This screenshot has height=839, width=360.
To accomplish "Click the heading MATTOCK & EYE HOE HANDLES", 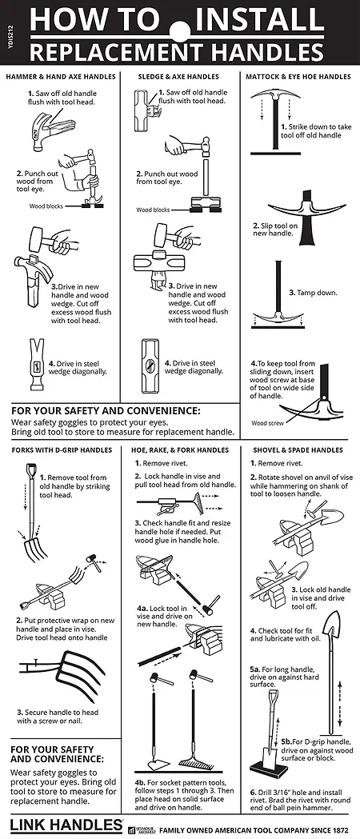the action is [x=298, y=77].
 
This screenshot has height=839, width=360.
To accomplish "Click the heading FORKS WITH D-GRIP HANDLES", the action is [x=62, y=450].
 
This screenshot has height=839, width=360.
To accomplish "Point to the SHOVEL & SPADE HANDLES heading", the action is [x=297, y=450].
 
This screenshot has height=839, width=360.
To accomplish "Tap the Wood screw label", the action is [x=266, y=423].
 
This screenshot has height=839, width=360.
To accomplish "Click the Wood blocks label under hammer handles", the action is [x=46, y=206].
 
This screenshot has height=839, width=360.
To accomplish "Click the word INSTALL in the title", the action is [x=259, y=20].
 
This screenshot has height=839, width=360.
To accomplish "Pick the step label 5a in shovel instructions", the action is [x=255, y=669].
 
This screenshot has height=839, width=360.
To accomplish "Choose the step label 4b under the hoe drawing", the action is [x=141, y=781].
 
